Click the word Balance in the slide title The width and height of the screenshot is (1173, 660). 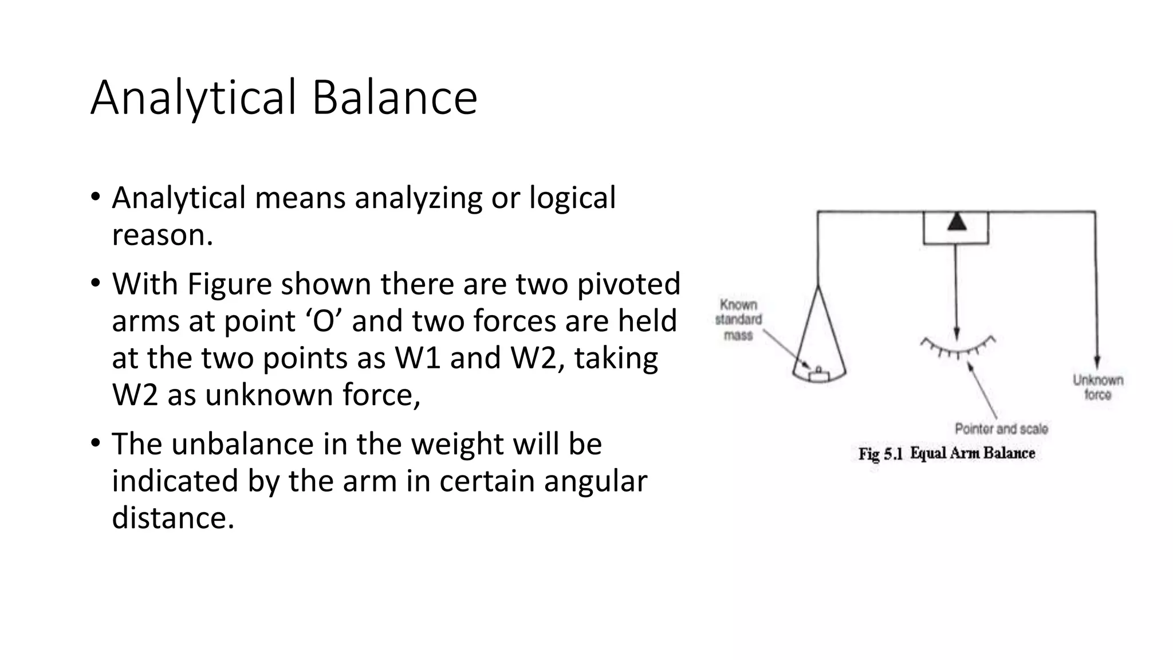click(394, 97)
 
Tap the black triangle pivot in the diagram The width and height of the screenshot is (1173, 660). click(956, 222)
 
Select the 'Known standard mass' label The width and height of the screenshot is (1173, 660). click(738, 320)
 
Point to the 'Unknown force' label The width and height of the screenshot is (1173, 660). click(1097, 387)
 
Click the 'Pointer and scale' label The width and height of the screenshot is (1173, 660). click(1001, 429)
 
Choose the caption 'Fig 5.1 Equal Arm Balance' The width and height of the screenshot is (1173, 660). click(946, 454)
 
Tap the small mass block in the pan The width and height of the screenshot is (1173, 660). click(818, 376)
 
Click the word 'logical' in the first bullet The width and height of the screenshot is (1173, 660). click(572, 198)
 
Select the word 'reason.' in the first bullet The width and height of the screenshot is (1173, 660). click(162, 235)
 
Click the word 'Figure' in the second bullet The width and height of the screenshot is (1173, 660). click(229, 284)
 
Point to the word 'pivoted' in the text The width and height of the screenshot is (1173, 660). click(628, 284)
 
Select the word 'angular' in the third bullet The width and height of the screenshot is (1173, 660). click(595, 481)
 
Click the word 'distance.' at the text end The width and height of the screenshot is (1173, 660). click(173, 518)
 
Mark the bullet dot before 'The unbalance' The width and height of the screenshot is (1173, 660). click(95, 443)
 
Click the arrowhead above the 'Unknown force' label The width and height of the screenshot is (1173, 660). click(1096, 363)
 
